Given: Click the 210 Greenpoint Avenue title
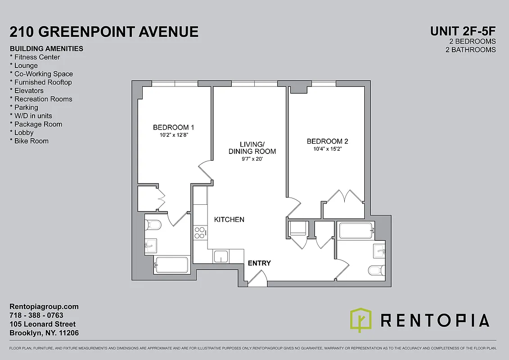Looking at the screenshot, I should [104, 32].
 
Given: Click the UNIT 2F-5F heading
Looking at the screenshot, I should [463, 31].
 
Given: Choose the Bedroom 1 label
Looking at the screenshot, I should [174, 127].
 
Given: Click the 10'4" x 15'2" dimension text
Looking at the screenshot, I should [327, 150].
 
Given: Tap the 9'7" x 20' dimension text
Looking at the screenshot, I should [252, 159].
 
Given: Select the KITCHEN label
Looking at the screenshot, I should [229, 220].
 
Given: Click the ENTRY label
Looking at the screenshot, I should [259, 263].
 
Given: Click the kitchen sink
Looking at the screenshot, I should [221, 256].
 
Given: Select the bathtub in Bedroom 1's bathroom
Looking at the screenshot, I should [171, 265].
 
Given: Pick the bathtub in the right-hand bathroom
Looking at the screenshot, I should [356, 231].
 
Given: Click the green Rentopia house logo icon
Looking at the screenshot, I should [360, 320].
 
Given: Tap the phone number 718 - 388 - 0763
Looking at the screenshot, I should [36, 315].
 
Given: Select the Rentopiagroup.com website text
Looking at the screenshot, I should [44, 306].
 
